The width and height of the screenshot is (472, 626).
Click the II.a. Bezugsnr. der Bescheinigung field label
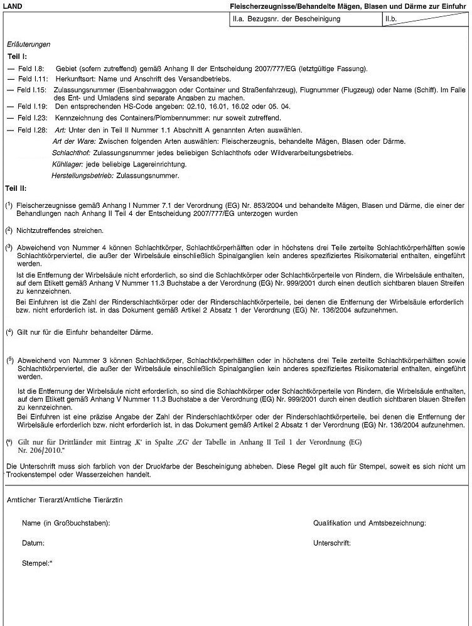click(x=286, y=19)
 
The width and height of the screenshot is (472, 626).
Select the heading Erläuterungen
click(x=28, y=45)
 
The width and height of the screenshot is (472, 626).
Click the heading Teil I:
click(x=16, y=57)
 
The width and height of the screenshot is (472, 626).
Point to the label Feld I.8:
click(x=30, y=68)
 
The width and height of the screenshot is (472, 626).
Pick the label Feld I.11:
click(x=31, y=79)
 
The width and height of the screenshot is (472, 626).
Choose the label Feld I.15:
click(x=31, y=90)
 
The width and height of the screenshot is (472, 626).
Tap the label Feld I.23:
click(x=31, y=117)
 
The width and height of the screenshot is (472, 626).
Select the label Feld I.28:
click(x=31, y=130)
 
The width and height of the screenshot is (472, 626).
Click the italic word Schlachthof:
click(x=71, y=153)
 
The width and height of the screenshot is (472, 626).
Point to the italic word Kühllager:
click(x=68, y=164)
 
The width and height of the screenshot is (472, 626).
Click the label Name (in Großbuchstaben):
click(x=66, y=523)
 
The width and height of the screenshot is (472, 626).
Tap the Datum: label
click(x=33, y=543)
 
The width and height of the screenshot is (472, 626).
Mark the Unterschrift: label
click(x=331, y=543)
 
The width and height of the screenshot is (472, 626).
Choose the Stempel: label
click(x=37, y=563)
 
